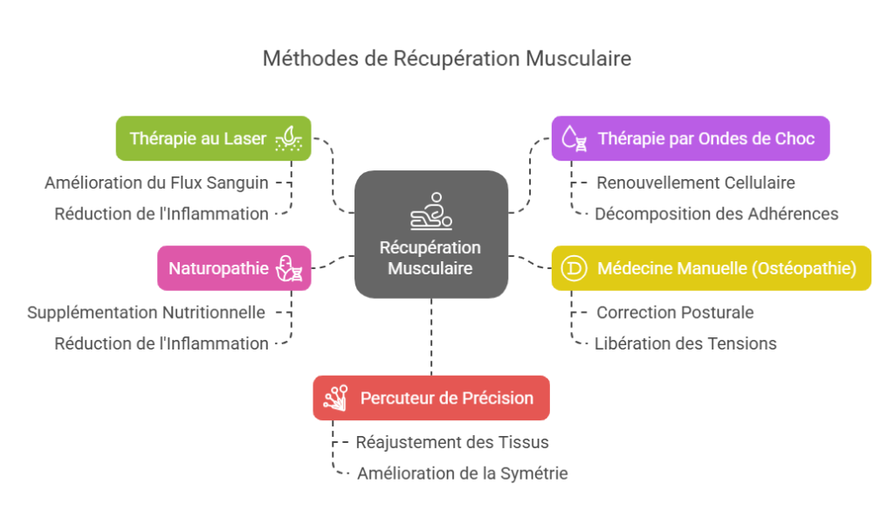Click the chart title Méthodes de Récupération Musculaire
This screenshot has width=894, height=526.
pos(447,59)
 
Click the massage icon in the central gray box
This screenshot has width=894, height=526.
pos(430,211)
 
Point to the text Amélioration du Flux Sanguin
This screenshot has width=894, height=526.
pos(156,183)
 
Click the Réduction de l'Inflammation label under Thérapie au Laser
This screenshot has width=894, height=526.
pos(162,214)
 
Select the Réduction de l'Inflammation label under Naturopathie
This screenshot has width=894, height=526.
pos(162,343)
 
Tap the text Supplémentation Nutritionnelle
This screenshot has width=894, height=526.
pos(146,312)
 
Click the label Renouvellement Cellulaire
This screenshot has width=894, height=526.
pos(696,183)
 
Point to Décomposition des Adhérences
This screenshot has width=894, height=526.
pos(716,214)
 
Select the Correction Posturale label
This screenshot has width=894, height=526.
pos(675,312)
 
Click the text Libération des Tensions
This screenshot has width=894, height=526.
pos(685,343)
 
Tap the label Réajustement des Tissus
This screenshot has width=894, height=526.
pos(452,442)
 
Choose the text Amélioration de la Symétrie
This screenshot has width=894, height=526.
pos(462,474)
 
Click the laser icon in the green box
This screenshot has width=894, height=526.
pos(289,138)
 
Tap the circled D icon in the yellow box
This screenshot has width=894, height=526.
pos(574,268)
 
